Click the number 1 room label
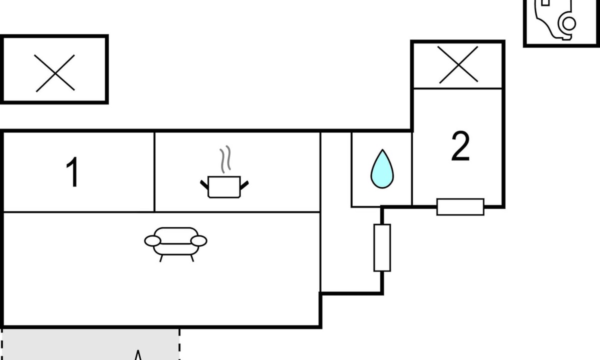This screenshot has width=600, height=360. pos(73,172)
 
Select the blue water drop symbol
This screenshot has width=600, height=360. pos(382,169)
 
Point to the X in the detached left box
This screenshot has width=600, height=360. pos(55,73)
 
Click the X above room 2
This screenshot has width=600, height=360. pos(458,65)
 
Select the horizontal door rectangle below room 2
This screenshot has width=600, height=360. pos(460,207)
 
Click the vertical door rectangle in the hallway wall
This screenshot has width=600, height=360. pos(382,248)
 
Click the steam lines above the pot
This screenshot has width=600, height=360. pos(226,159)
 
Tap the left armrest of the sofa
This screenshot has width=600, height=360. pos(152,241)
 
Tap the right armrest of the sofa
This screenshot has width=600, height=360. pos(199,241)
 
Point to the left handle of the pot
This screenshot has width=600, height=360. pos(204,184)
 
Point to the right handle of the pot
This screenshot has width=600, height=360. pos(244,184)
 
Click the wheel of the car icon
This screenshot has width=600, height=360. pos(568,23)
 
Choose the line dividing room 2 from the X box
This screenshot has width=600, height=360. pos(458,89)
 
